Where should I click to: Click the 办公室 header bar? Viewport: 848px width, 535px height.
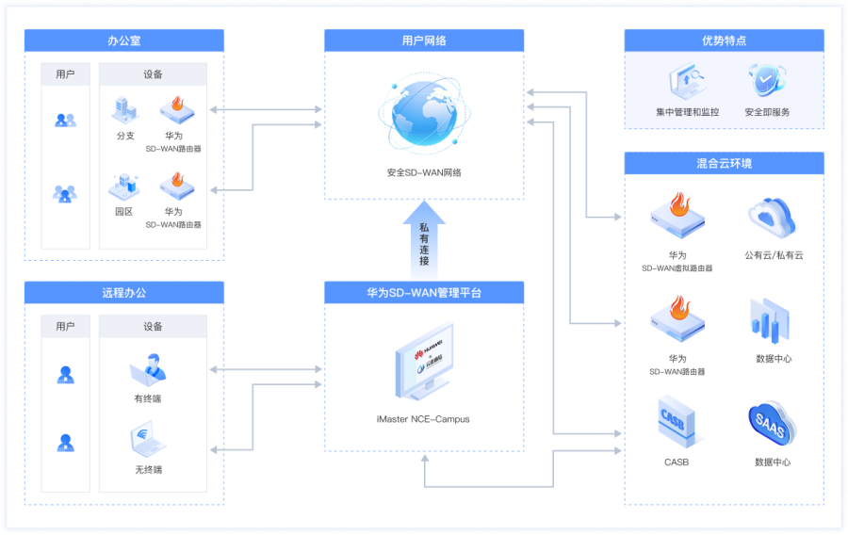pyautogui.click(x=123, y=41)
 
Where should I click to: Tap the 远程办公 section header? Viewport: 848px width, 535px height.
pyautogui.click(x=123, y=293)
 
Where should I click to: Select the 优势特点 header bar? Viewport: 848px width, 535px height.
pyautogui.click(x=724, y=41)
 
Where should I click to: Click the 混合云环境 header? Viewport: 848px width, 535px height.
pyautogui.click(x=724, y=163)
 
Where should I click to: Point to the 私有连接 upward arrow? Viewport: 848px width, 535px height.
pyautogui.click(x=424, y=240)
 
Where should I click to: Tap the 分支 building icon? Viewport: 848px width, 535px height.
pyautogui.click(x=125, y=110)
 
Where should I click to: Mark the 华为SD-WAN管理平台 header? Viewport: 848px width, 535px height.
pyautogui.click(x=424, y=293)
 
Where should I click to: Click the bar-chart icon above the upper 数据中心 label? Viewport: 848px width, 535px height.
pyautogui.click(x=770, y=320)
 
